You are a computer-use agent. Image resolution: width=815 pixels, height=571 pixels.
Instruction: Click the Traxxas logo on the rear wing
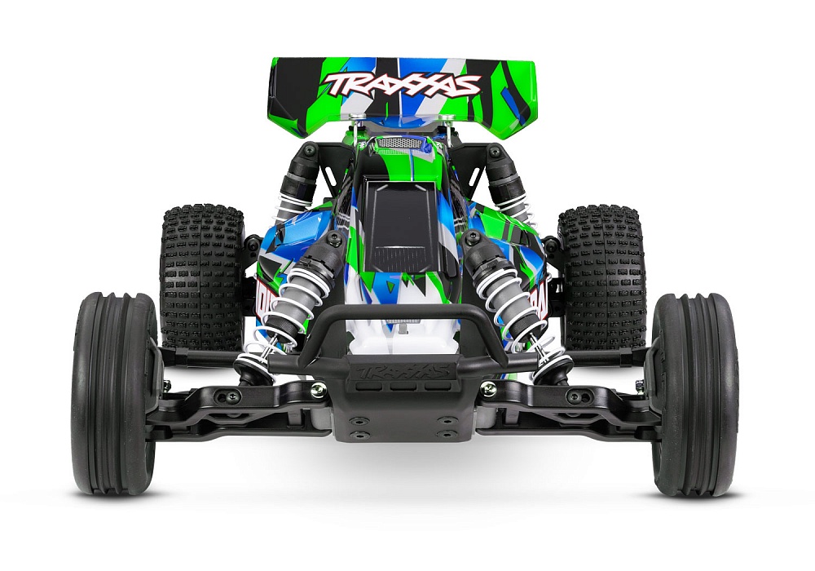click(402, 83)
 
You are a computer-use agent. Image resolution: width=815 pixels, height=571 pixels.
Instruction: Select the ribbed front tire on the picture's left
click(114, 392)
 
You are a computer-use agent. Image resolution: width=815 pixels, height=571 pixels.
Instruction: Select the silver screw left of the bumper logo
click(317, 390)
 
